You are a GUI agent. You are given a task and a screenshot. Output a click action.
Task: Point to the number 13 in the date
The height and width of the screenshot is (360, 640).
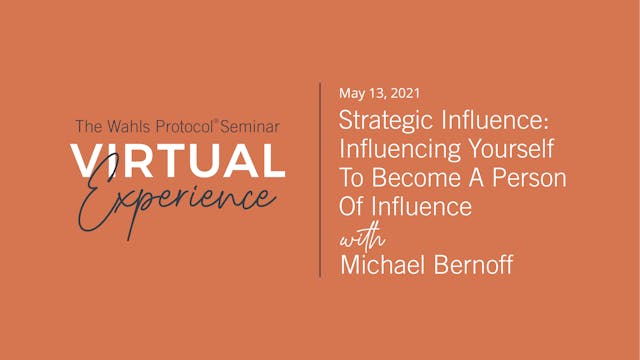pos(377,95)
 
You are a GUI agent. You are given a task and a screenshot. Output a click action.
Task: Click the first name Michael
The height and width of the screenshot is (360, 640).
pos(379,265)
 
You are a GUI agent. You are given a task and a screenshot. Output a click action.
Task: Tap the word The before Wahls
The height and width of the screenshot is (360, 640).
pos(87,127)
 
